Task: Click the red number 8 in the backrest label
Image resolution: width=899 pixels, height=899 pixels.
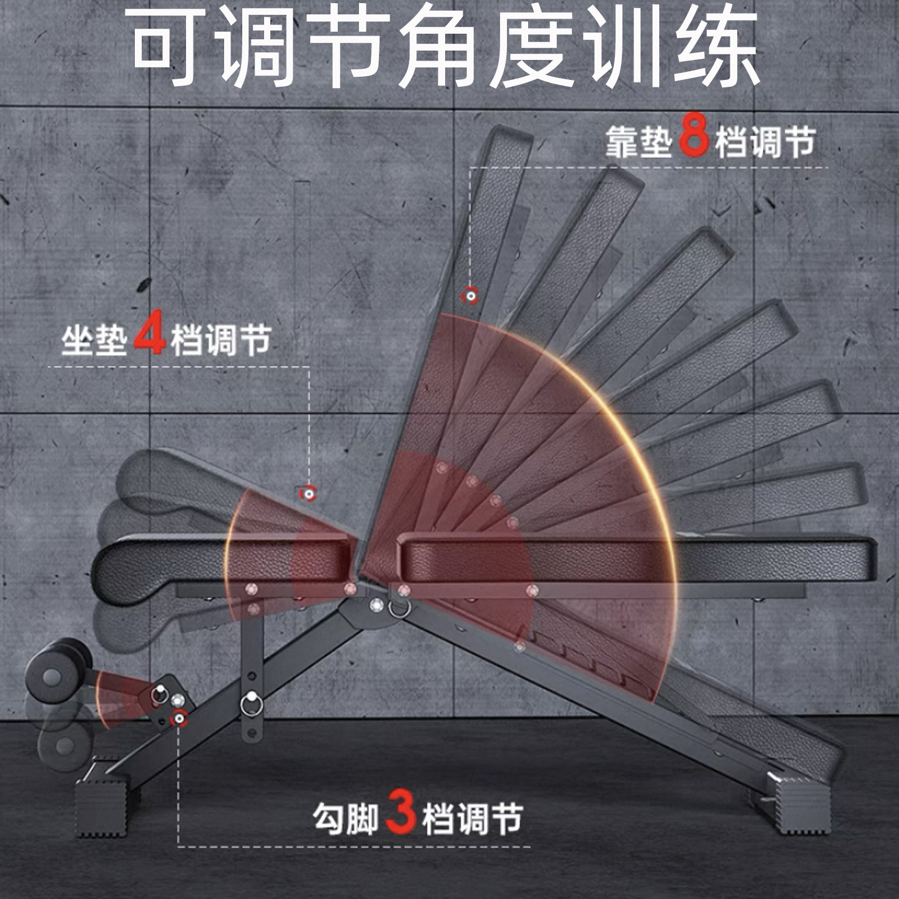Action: (694, 134)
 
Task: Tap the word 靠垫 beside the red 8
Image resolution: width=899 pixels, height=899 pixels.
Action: (639, 142)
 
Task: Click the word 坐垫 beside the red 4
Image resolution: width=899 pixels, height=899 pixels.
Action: (95, 340)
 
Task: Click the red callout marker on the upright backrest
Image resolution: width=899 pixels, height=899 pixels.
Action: (470, 296)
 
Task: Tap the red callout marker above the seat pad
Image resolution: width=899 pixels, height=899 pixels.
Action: (308, 493)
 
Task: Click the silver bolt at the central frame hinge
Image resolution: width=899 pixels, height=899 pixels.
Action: (376, 605)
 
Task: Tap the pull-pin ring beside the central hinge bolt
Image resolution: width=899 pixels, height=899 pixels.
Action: (399, 609)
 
